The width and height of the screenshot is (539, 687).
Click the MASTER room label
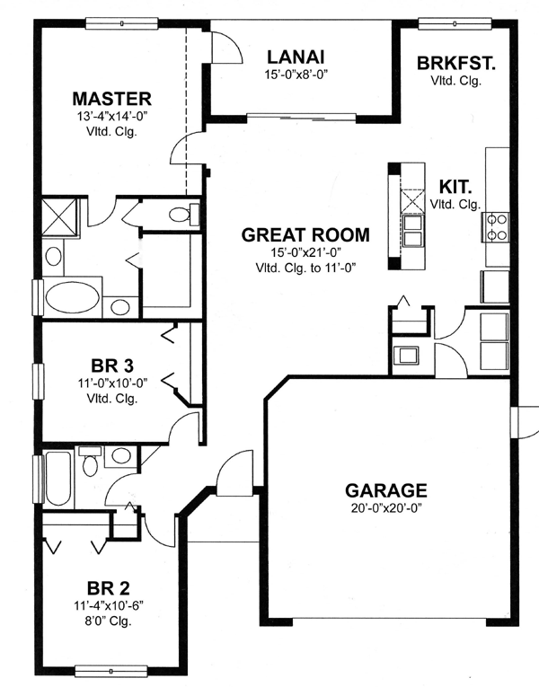coord(111,99)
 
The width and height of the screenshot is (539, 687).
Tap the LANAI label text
coord(296,57)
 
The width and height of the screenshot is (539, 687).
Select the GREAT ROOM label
coord(305,235)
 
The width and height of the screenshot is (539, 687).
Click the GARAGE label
coord(385,490)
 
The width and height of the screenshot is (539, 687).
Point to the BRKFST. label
coord(455,63)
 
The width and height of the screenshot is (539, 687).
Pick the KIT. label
coord(455,187)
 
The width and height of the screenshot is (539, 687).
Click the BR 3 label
coord(112,366)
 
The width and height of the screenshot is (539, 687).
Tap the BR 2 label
coord(108,587)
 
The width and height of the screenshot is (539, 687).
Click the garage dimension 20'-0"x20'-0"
coord(386,508)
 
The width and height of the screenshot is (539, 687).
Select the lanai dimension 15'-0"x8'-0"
coord(296,75)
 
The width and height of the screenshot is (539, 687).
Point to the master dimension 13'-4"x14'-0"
coord(111,117)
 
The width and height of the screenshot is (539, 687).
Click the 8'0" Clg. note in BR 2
coord(108,621)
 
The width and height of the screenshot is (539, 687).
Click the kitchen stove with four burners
coord(495,227)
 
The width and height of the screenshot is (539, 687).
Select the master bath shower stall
coord(59,217)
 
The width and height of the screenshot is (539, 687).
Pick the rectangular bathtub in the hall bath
coord(57,479)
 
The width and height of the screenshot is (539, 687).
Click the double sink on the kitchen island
coord(413,232)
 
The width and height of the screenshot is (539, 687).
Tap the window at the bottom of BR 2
coord(110,671)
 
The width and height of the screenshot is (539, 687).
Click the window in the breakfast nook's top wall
coord(455,23)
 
